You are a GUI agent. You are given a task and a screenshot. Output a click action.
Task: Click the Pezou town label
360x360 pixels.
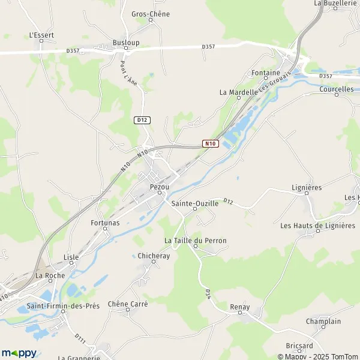(x=159, y=187)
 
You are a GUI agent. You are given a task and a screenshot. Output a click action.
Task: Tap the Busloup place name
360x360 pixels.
(x=126, y=43)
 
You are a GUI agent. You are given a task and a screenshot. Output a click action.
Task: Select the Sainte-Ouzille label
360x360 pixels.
(x=194, y=203)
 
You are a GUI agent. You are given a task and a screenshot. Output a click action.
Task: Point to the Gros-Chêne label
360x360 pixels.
(x=150, y=14)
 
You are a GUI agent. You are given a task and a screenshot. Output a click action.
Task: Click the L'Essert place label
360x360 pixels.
(x=41, y=35)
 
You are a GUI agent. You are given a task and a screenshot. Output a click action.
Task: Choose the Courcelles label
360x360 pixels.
(x=337, y=89)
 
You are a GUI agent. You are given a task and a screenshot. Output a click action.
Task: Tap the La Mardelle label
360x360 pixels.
(x=238, y=92)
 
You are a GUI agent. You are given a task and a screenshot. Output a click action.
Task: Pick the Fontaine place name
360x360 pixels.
(x=266, y=73)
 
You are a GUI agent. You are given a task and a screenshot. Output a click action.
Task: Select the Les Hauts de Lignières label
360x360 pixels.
(x=318, y=226)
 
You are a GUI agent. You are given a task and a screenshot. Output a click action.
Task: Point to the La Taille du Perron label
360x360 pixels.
(x=196, y=241)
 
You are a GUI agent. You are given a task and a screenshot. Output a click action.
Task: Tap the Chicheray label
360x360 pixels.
(x=154, y=256)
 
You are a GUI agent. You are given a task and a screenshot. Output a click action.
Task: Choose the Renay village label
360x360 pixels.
(x=239, y=307)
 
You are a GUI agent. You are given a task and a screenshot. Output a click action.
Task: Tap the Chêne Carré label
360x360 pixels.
(x=128, y=304)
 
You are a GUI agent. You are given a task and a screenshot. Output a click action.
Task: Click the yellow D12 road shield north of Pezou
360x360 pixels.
(x=142, y=120)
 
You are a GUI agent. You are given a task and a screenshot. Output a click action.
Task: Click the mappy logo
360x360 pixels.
(x=19, y=353)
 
